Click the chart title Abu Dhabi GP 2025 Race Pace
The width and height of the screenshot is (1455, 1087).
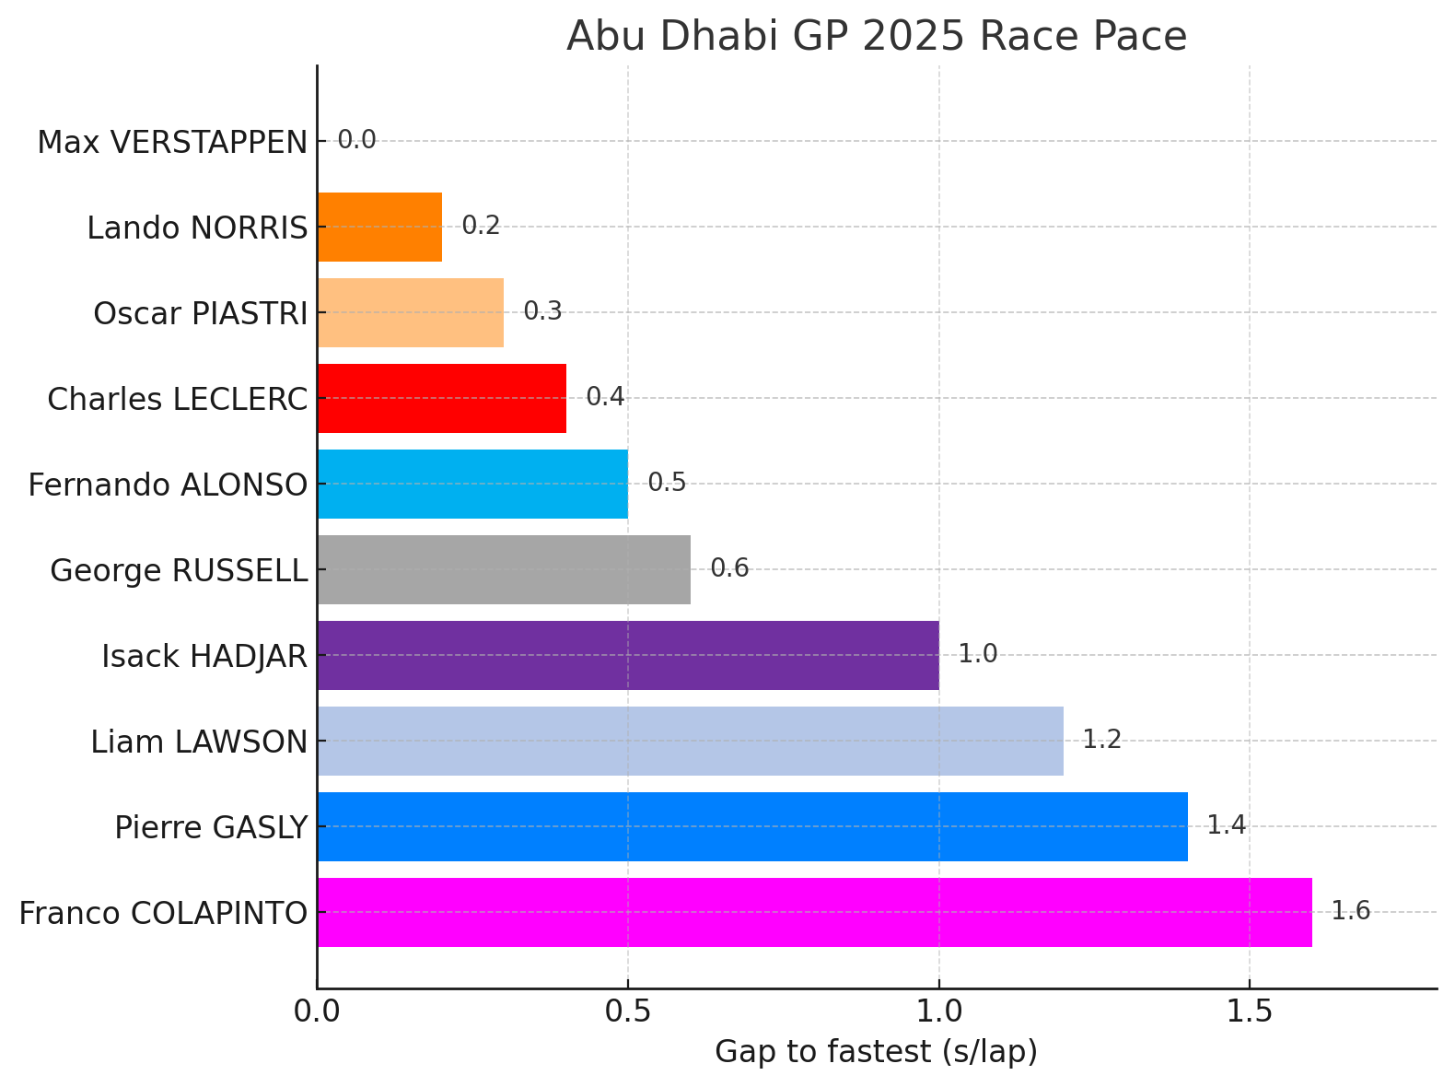[876, 37]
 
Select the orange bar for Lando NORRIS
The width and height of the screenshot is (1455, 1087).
[379, 227]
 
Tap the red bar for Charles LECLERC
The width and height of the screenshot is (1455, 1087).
[441, 398]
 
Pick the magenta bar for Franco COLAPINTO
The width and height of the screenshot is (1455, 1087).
[814, 912]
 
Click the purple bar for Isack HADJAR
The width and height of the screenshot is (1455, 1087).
[628, 655]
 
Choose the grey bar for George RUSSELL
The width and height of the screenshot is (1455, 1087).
[504, 569]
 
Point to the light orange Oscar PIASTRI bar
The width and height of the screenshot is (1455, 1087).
[410, 312]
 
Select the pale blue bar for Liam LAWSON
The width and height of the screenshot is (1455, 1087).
[690, 741]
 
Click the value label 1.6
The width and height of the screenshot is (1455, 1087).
[1350, 912]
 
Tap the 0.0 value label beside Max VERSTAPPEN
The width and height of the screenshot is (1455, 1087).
[356, 141]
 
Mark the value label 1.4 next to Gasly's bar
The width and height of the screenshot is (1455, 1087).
[1226, 825]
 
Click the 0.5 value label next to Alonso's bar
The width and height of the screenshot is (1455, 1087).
[667, 483]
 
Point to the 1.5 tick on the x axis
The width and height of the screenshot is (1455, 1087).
[1249, 1011]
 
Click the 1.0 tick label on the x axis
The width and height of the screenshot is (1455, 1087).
[938, 1011]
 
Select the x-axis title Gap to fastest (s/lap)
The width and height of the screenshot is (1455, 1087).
[876, 1052]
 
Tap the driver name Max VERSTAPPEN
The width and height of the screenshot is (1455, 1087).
[172, 143]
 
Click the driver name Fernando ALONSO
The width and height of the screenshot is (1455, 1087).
[168, 485]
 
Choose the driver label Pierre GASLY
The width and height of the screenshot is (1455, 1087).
[211, 828]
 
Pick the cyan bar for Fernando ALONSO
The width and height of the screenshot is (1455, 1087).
[472, 484]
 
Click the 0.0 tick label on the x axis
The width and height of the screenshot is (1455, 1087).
[318, 1011]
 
